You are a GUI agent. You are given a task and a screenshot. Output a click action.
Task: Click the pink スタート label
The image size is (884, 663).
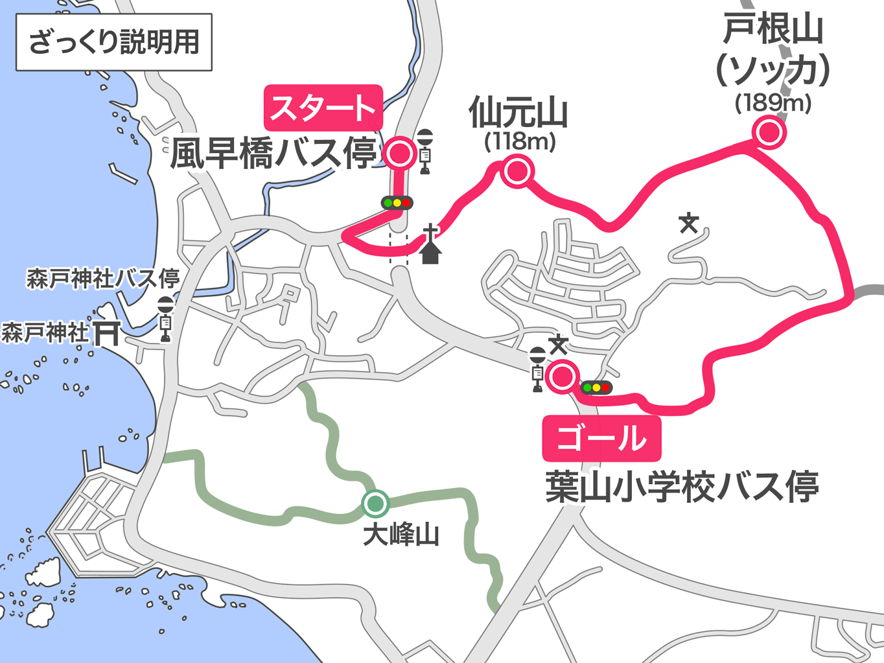click(323, 108)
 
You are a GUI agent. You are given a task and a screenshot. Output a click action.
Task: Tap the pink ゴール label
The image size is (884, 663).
click(601, 439)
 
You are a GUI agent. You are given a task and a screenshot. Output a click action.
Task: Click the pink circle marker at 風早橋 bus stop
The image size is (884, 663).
click(399, 154)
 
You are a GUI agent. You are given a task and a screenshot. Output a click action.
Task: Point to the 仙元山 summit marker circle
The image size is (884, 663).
click(517, 171)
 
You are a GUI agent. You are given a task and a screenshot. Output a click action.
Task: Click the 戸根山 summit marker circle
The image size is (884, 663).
click(769, 132)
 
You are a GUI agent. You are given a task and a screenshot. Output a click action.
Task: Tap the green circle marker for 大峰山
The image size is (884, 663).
click(375, 503)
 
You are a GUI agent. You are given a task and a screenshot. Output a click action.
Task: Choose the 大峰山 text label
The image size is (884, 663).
click(401, 535)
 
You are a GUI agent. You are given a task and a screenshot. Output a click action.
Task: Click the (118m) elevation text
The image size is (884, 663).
click(520, 141)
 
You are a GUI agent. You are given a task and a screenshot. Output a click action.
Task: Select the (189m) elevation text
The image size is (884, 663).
click(773, 102)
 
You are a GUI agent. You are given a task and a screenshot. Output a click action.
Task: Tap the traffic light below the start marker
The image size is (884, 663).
click(397, 203)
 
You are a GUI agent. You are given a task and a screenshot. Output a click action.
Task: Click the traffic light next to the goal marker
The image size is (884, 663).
click(596, 388)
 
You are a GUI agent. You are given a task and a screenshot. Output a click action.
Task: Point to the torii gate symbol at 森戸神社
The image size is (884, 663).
click(106, 333)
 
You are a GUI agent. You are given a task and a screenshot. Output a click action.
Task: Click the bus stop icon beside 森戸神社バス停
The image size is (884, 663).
click(166, 318)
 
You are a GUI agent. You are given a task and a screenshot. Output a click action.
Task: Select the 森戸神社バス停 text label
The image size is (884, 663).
click(102, 279)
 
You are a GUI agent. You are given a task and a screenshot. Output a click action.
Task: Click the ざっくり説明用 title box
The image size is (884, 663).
click(114, 42)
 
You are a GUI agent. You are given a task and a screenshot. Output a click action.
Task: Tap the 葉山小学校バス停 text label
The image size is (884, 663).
click(682, 487)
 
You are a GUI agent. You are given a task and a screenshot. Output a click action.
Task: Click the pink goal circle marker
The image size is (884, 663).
click(562, 377)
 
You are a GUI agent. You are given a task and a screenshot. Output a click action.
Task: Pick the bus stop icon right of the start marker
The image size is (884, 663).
click(425, 151)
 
